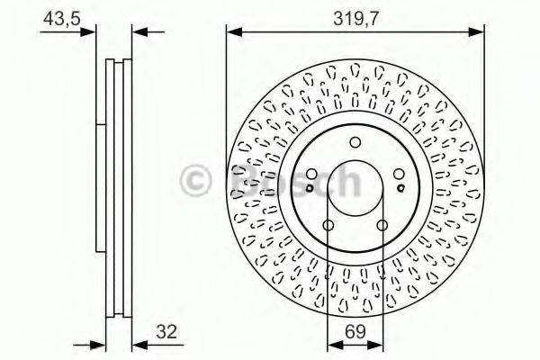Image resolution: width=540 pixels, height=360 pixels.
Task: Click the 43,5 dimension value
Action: coord(60,16)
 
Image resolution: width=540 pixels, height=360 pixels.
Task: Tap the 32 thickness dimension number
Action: coord(164,330)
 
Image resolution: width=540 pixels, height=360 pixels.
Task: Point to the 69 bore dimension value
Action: coord(355,330)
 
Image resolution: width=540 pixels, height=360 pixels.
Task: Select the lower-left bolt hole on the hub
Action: coord(328,224)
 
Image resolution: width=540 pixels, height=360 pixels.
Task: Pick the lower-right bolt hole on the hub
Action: coord(382,224)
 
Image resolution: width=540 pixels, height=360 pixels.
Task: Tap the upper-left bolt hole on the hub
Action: coord(311,174)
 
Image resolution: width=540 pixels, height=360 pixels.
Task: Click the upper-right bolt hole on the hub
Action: coord(400,174)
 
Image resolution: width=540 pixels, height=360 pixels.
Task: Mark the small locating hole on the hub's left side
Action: coord(309,188)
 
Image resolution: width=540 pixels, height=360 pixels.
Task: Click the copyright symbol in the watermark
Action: coord(196,180)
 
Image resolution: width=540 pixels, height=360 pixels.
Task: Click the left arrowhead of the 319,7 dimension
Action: coord(231,31)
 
